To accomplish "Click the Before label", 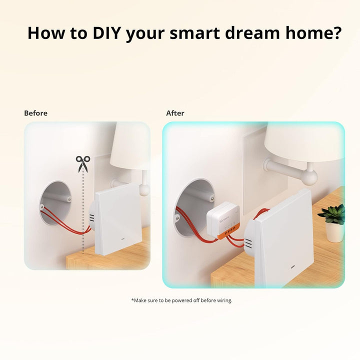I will [x=36, y=113].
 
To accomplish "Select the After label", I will [x=175, y=113].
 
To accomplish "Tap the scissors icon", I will [x=82, y=164].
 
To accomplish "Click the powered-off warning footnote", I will [x=181, y=300].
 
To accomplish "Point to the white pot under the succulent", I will [x=334, y=232].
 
